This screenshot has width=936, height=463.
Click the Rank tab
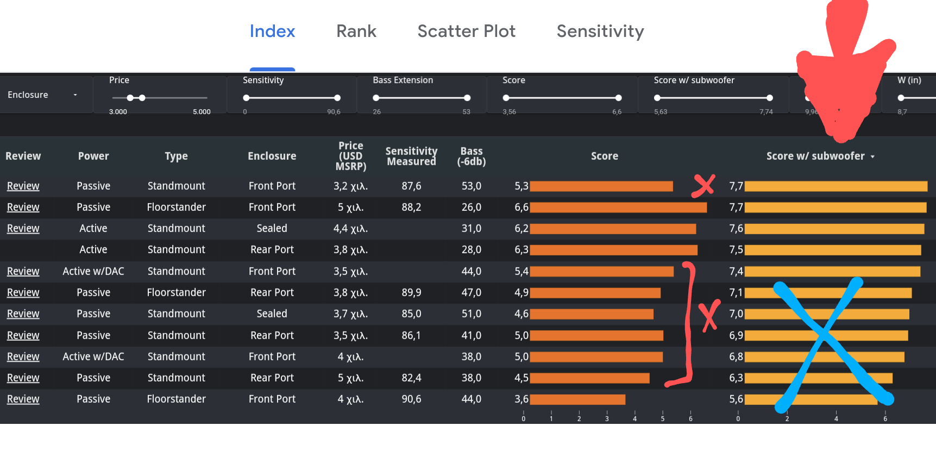pos(356,32)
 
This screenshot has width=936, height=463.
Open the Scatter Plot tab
pos(466,32)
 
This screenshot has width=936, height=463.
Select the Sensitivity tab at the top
pos(600,32)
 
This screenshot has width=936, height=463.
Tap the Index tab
pos(272,32)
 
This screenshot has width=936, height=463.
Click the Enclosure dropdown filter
pos(43,95)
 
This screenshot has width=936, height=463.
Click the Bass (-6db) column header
pos(471,157)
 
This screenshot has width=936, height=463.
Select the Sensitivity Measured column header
pos(411,157)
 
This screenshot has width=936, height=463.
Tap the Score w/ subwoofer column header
pos(819,157)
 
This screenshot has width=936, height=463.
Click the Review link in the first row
pos(23,186)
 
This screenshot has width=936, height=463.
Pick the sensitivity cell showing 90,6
pos(411,399)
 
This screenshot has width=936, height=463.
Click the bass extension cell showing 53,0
pos(471,186)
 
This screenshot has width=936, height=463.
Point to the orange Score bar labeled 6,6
pos(618,207)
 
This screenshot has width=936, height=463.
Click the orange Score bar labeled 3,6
pos(577,399)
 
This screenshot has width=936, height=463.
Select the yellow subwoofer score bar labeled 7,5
pos(833,250)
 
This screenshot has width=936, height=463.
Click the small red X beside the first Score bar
pos(703,185)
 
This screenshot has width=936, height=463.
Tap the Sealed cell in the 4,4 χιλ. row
pos(272,228)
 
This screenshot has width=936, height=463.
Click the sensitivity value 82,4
pos(411,378)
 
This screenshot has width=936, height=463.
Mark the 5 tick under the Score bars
pos(662,416)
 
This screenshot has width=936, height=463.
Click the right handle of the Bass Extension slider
pos(467,98)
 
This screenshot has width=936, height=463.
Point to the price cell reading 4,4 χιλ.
pos(350,228)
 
